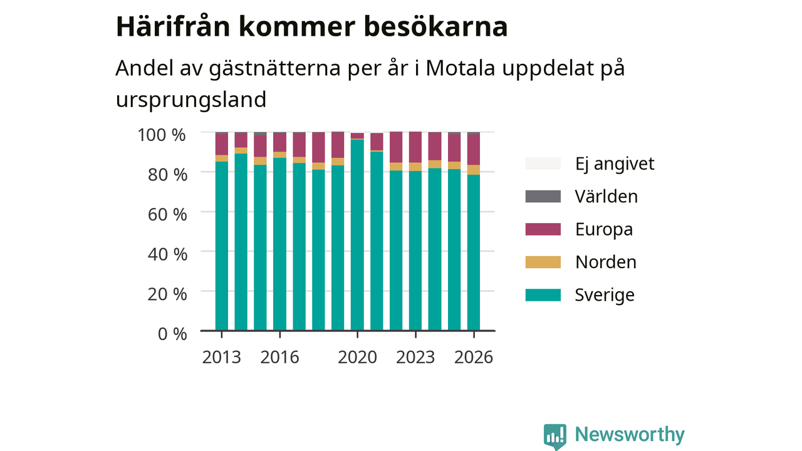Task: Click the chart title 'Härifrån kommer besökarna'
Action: [x=311, y=27]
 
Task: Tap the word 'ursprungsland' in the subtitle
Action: [x=191, y=100]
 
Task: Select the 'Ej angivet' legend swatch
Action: [x=543, y=163]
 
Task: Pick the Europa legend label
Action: [x=604, y=229]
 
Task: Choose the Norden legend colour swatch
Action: [x=543, y=262]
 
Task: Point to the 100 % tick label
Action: [x=162, y=135]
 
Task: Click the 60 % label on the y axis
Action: [x=167, y=214]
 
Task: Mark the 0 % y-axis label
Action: [x=172, y=334]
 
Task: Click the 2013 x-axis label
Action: [x=222, y=357]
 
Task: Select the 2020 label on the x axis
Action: [x=357, y=357]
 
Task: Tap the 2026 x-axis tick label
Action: [x=474, y=357]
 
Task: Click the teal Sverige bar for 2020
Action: [x=357, y=235]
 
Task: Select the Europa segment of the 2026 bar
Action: [x=474, y=150]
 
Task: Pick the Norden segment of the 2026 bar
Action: [x=474, y=170]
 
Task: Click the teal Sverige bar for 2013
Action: [x=222, y=246]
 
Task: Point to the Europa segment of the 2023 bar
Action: [x=415, y=147]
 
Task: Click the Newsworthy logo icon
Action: [x=555, y=437]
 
